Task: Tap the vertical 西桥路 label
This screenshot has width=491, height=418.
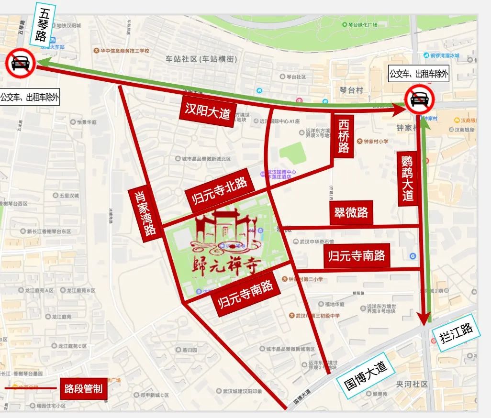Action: tap(344, 136)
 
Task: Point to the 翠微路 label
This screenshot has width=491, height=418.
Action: tap(351, 212)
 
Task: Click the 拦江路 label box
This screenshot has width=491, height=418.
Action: tap(456, 332)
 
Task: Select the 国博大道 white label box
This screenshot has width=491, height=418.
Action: tap(366, 374)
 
